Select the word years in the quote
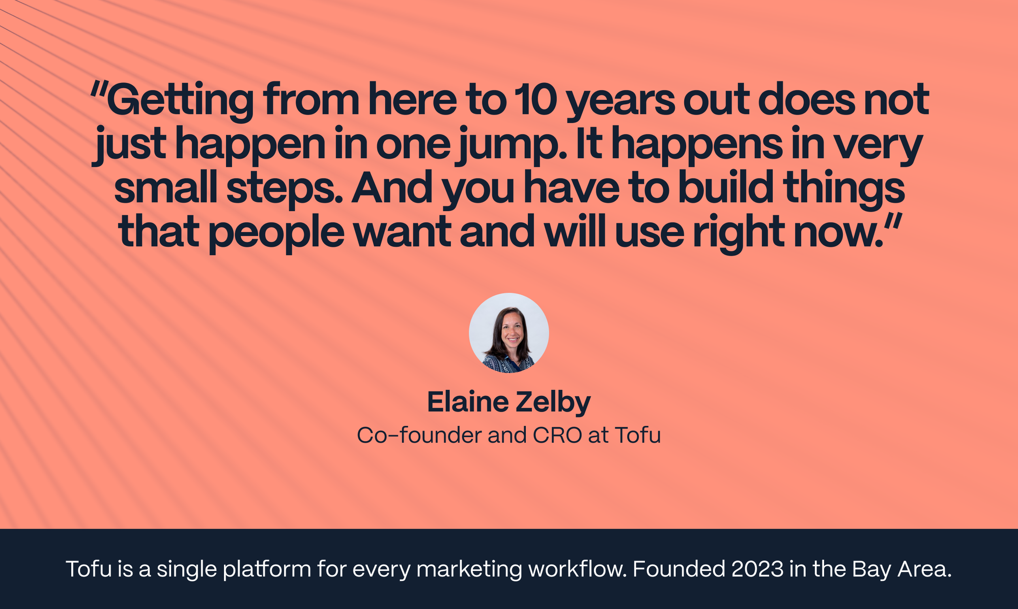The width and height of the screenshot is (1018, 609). [x=620, y=100]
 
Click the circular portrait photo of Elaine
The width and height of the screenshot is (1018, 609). [x=508, y=333]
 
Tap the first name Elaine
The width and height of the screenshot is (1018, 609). [x=468, y=402]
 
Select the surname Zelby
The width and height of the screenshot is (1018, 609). [x=553, y=402]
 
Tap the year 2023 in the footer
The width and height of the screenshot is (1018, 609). [x=757, y=569]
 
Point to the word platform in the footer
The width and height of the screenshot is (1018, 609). [x=267, y=569]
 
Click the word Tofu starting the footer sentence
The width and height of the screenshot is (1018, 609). [x=89, y=569]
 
